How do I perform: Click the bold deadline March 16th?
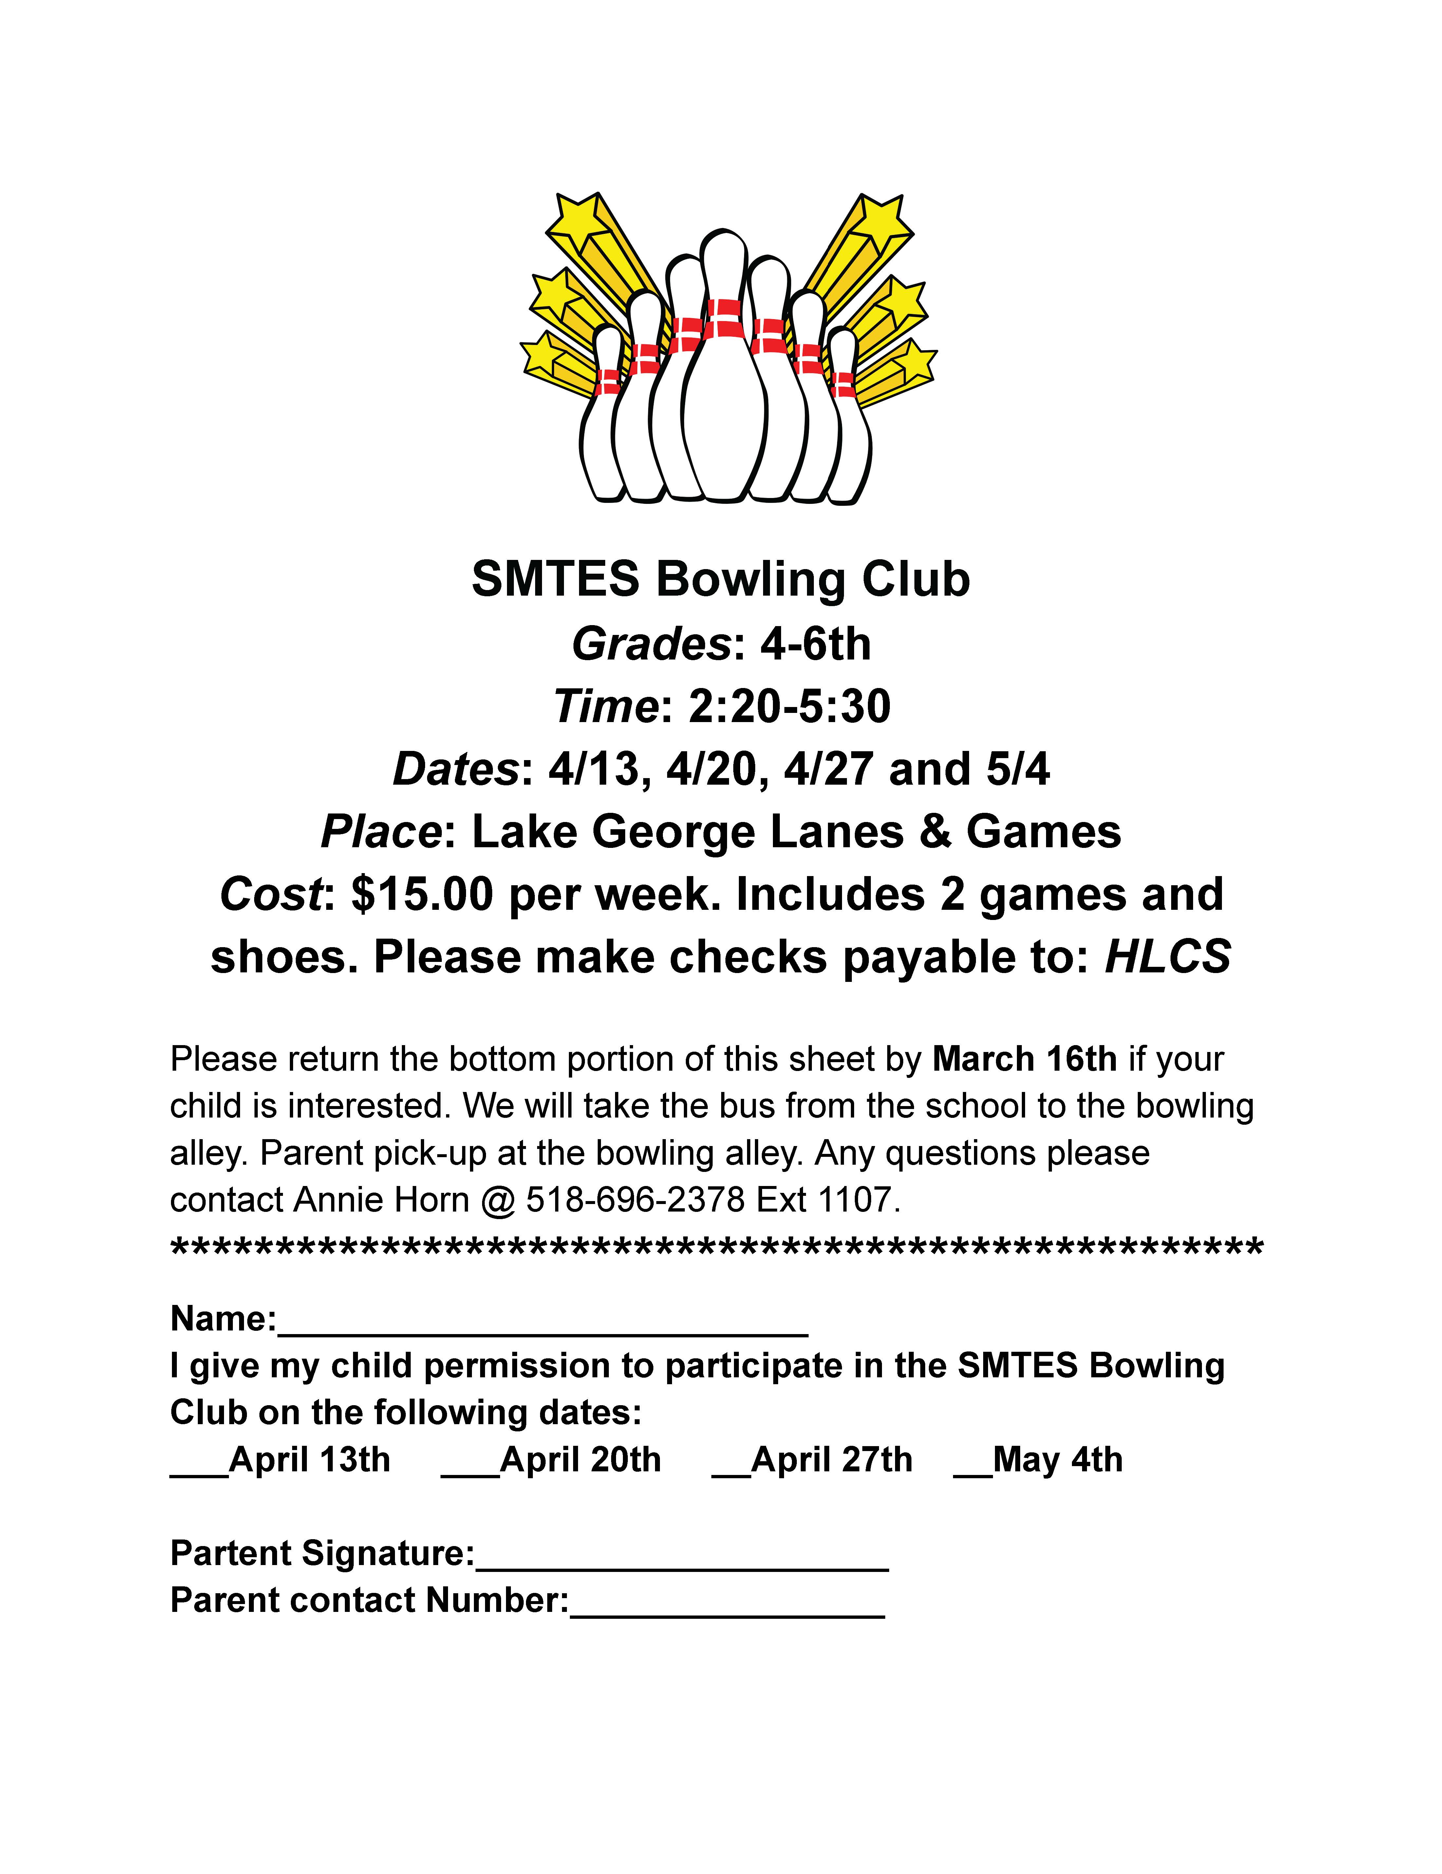[1024, 1059]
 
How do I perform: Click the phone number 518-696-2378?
[635, 1199]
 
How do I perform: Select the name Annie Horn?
[381, 1199]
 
